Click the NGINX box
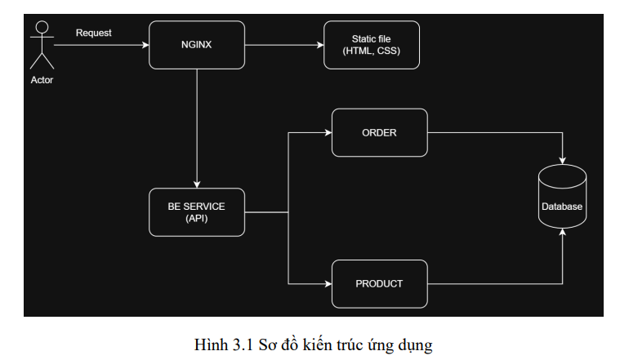click(197, 45)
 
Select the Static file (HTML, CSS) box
click(372, 45)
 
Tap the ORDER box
click(380, 133)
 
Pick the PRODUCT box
click(380, 284)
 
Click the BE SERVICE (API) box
click(197, 212)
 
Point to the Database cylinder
click(562, 197)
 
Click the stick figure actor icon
click(42, 45)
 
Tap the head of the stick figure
click(42, 27)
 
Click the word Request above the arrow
click(94, 33)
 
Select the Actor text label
click(42, 80)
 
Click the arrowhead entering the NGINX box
click(145, 45)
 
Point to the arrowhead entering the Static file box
click(320, 45)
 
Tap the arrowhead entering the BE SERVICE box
click(197, 184)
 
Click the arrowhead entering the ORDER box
click(328, 133)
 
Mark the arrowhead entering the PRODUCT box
click(328, 284)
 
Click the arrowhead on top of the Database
click(562, 161)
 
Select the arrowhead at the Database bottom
click(562, 233)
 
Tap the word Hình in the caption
click(211, 345)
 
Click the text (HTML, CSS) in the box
click(372, 51)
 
